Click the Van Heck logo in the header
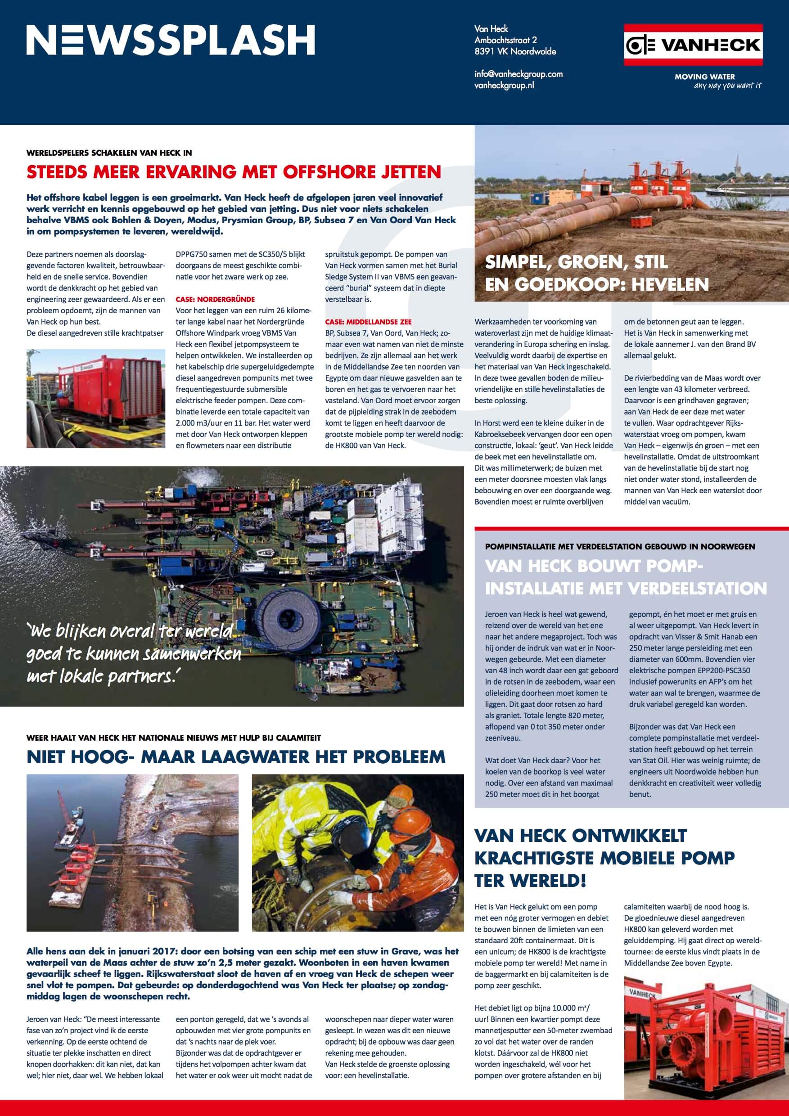[x=693, y=45]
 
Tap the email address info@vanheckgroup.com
[x=518, y=74]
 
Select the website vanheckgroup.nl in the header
[x=504, y=85]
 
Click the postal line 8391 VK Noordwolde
[x=515, y=51]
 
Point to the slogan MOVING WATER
[x=704, y=76]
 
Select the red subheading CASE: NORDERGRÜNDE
[x=215, y=299]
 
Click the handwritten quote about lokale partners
[x=134, y=654]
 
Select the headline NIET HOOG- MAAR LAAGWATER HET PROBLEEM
[x=236, y=757]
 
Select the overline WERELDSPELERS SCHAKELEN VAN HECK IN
[x=109, y=153]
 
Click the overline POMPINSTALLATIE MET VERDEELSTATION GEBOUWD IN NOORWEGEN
[x=620, y=546]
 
